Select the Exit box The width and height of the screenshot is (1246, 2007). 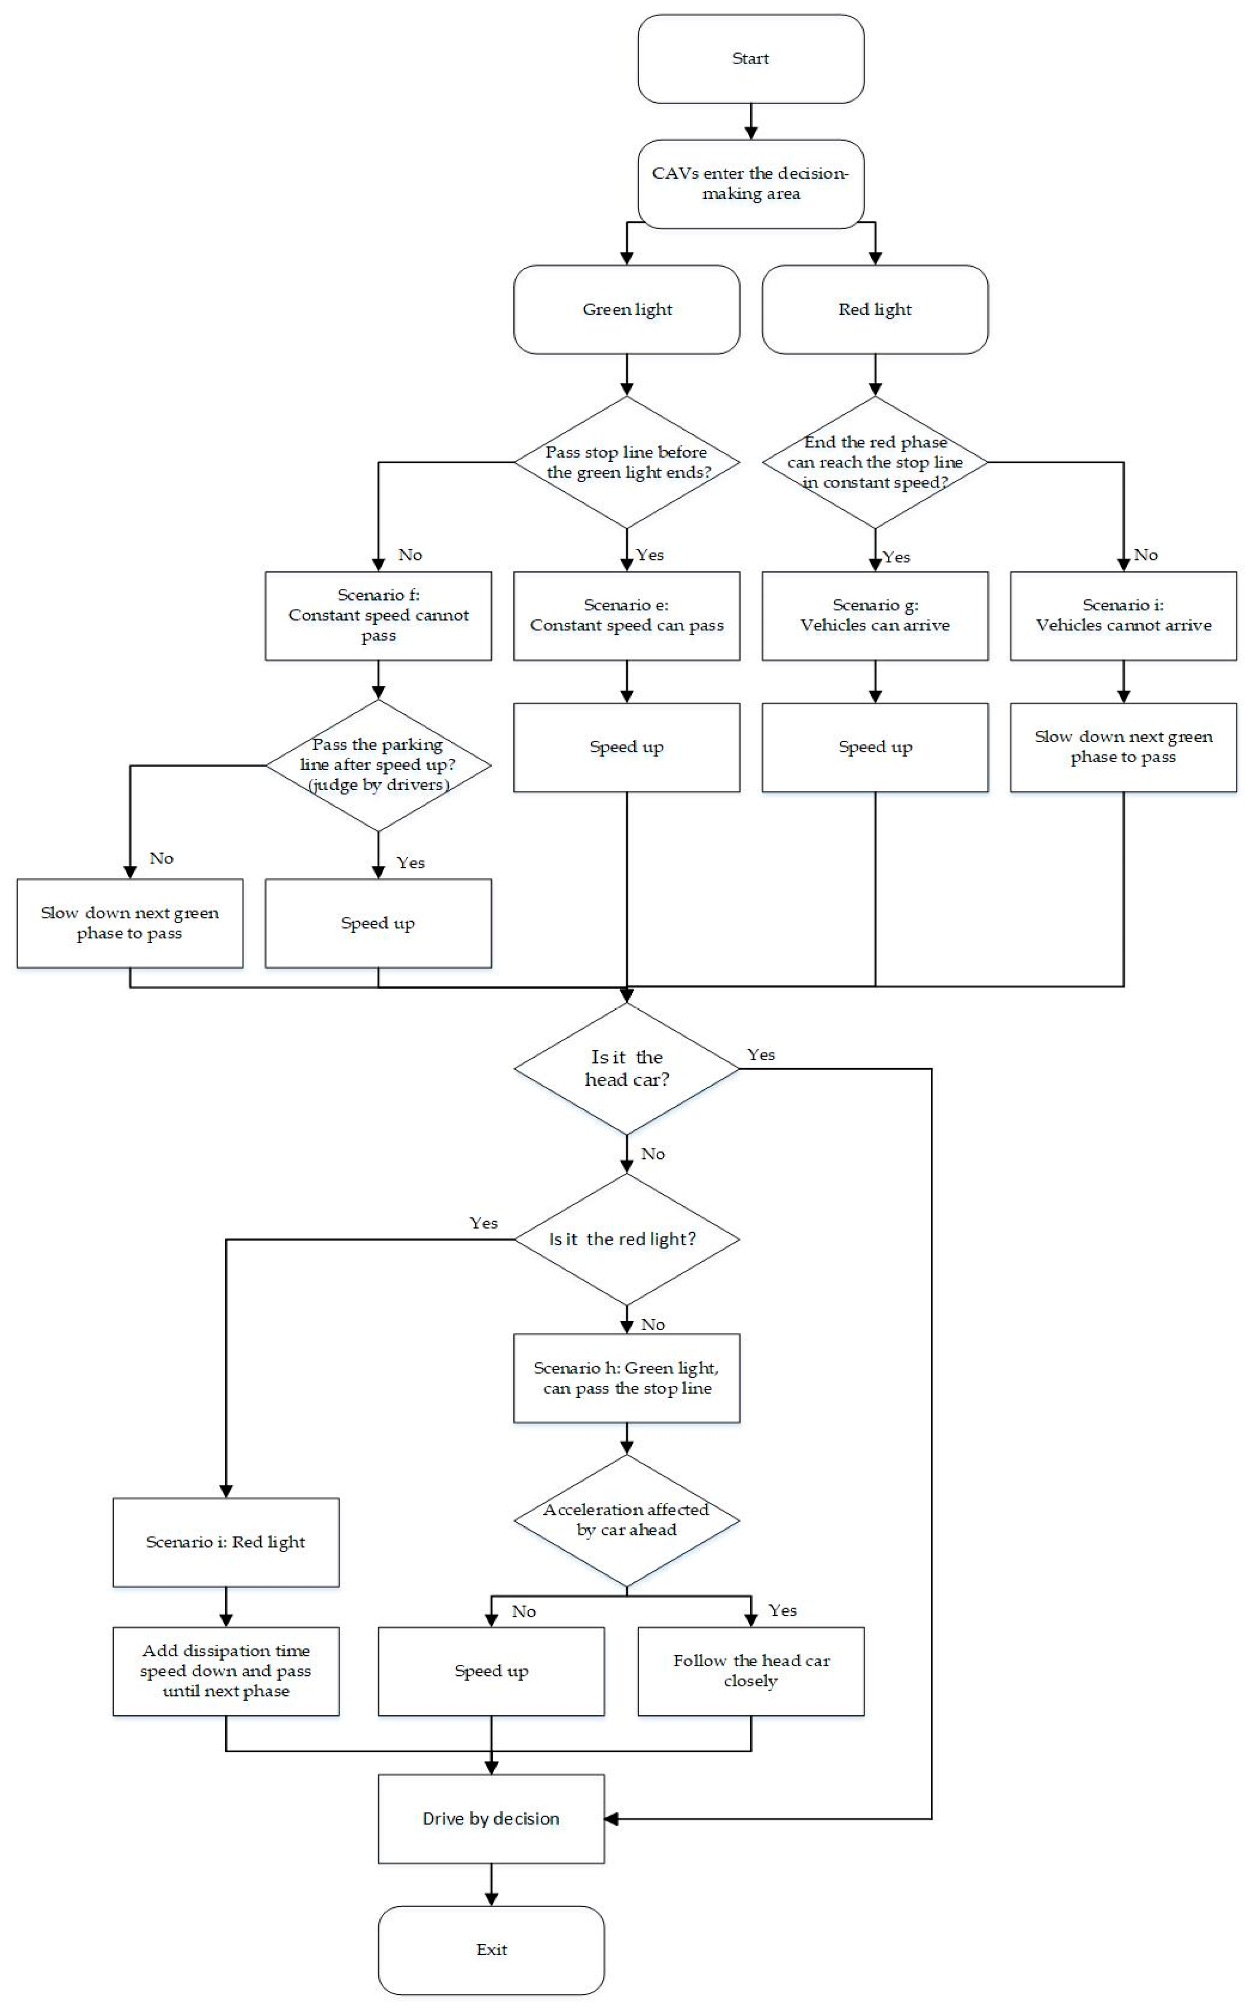(x=491, y=1949)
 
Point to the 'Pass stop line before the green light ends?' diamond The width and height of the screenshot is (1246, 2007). (x=626, y=463)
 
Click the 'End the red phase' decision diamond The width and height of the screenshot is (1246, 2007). (x=875, y=463)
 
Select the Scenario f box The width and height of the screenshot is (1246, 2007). (x=378, y=616)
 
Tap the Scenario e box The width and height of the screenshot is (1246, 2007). (x=626, y=616)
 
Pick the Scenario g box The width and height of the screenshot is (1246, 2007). (x=875, y=616)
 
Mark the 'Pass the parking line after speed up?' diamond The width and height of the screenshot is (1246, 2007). (x=378, y=765)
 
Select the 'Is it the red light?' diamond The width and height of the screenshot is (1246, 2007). (x=626, y=1239)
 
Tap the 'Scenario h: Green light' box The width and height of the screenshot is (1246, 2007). (x=626, y=1378)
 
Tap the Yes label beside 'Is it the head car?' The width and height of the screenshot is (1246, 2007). (x=761, y=1055)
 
